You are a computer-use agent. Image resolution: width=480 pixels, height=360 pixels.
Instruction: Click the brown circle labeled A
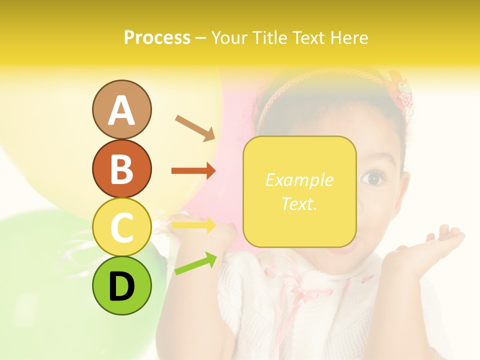(x=121, y=109)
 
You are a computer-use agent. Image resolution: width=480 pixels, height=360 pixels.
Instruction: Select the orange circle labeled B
(x=121, y=168)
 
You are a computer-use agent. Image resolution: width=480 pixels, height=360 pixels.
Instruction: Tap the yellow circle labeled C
(x=121, y=227)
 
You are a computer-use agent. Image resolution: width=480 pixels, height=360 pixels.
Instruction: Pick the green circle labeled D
(x=121, y=285)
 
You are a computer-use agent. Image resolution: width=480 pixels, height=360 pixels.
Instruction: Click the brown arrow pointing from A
(x=195, y=127)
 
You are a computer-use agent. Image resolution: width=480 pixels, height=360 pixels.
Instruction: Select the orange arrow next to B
(x=193, y=171)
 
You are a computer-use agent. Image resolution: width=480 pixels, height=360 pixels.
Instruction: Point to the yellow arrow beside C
(x=193, y=225)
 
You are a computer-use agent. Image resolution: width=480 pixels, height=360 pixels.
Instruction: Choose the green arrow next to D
(x=195, y=264)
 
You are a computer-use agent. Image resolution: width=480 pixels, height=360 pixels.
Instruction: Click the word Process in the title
(x=157, y=37)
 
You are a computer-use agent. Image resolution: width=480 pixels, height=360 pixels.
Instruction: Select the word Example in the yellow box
(x=299, y=180)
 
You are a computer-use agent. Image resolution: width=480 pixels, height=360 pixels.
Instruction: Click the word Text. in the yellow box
(x=299, y=203)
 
